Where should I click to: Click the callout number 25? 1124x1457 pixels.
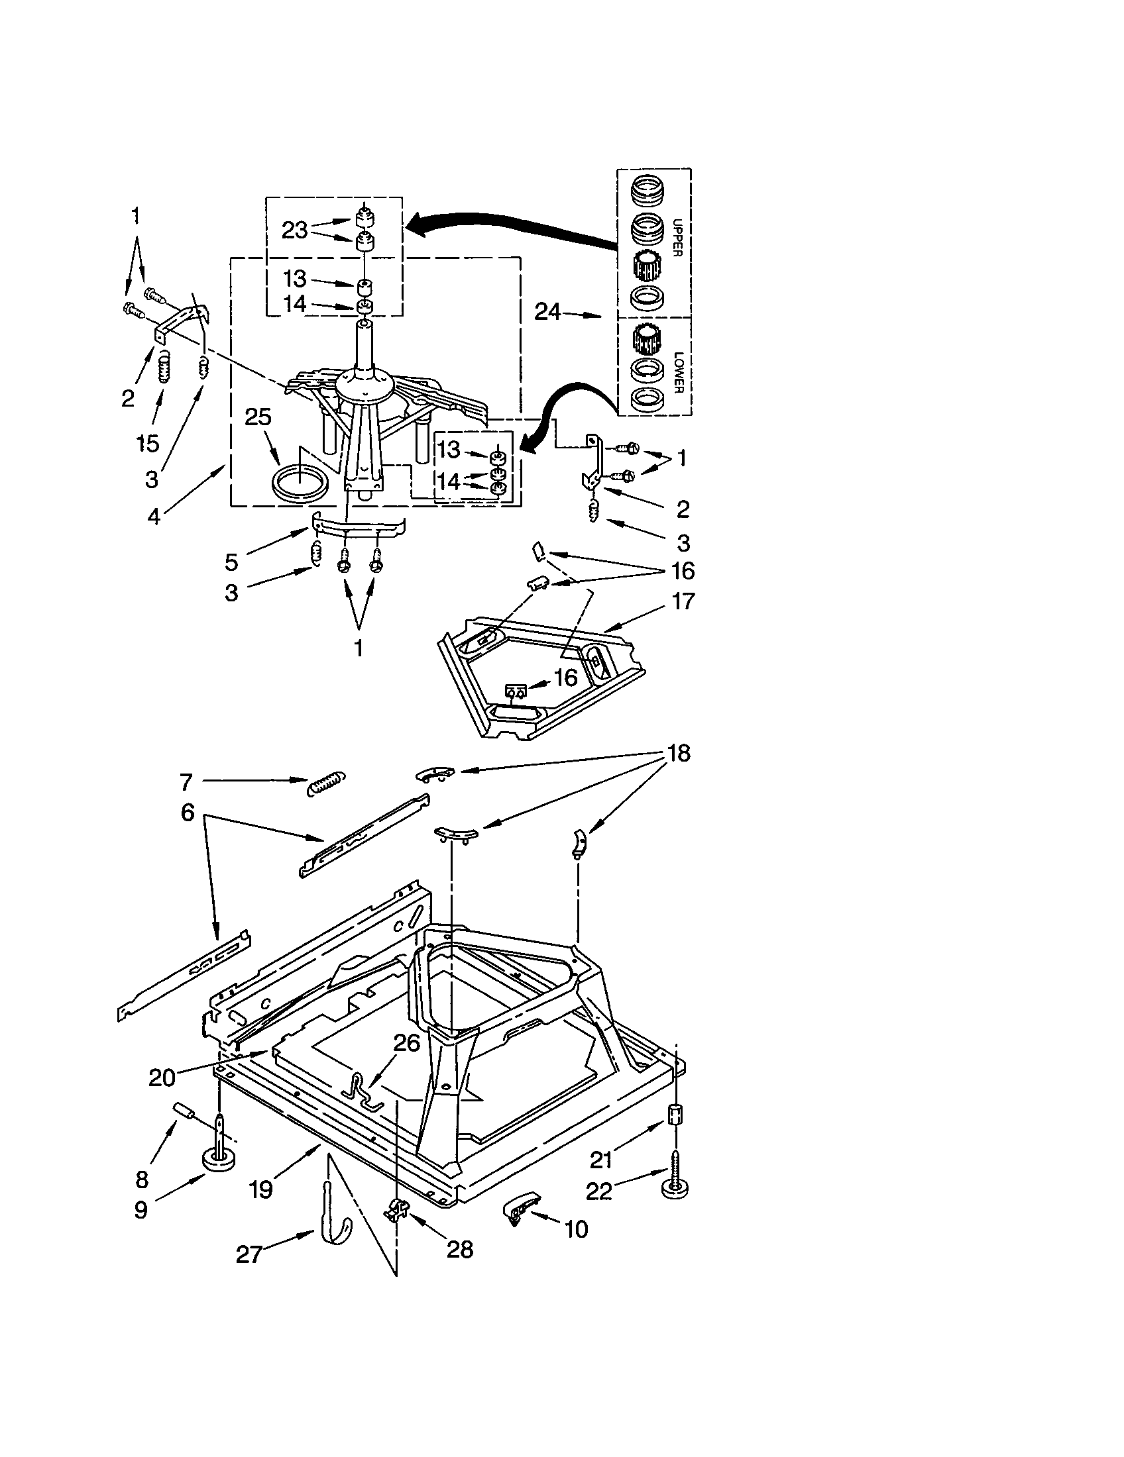[258, 417]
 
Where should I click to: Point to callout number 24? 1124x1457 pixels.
[547, 311]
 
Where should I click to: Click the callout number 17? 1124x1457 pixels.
[683, 601]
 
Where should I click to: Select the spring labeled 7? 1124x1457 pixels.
[326, 784]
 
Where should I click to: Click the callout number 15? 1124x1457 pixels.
[148, 443]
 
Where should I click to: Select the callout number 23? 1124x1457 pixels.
[294, 230]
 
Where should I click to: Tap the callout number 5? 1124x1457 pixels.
[231, 562]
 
